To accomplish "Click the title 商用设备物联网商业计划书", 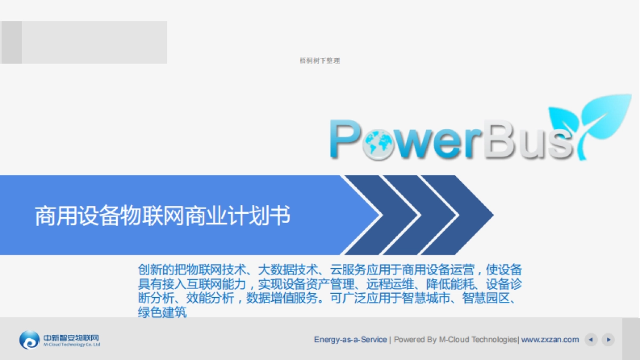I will [x=163, y=216].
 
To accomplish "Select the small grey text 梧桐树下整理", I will [x=320, y=61].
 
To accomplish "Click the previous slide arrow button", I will [x=590, y=339].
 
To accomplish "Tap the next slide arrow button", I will [x=608, y=339].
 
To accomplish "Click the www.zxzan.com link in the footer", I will [x=550, y=339].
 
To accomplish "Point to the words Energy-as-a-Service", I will [x=350, y=339].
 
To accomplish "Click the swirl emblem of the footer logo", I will [x=29, y=340].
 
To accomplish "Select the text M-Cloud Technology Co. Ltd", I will [x=71, y=345].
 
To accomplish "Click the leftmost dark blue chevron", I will [x=373, y=215].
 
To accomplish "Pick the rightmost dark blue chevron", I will [x=459, y=215].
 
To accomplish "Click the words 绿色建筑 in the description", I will [x=162, y=313].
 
